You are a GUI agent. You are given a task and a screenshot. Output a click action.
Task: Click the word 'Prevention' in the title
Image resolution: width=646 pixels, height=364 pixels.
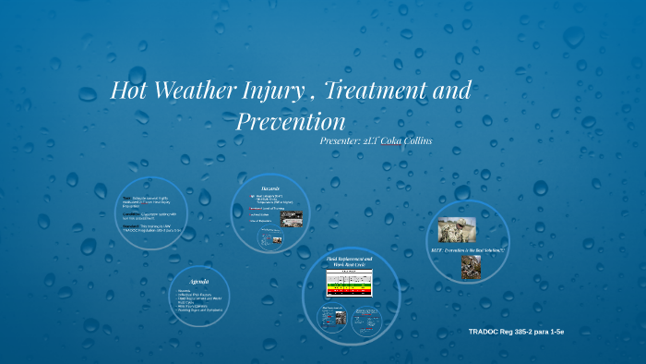(x=290, y=121)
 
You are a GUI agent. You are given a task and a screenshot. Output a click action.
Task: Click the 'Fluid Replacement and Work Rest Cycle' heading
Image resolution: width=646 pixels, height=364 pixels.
(x=349, y=261)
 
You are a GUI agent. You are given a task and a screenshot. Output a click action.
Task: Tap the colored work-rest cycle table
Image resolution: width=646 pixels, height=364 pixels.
(x=349, y=285)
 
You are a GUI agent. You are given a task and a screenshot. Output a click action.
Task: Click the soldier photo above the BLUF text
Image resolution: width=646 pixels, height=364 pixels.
(x=457, y=229)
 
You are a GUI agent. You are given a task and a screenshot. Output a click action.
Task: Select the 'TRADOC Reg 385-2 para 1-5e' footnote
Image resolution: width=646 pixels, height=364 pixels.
(x=517, y=331)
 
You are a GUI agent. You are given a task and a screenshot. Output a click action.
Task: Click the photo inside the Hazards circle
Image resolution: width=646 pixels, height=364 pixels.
(x=290, y=219)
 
